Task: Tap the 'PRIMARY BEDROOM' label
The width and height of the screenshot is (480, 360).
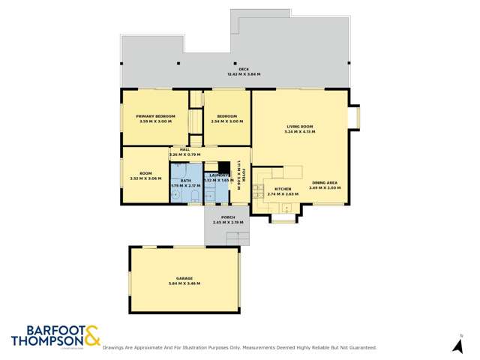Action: click(x=155, y=116)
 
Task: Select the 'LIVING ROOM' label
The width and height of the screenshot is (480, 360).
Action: click(x=299, y=127)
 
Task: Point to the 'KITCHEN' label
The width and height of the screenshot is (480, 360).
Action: click(x=282, y=189)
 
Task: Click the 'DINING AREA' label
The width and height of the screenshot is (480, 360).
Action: click(x=324, y=183)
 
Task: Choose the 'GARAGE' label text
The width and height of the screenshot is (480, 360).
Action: click(x=184, y=278)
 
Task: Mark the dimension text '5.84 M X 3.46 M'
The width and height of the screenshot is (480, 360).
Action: click(x=184, y=283)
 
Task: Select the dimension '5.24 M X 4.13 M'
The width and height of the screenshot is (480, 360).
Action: click(x=299, y=132)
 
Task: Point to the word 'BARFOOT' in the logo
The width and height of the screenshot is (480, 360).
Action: click(x=46, y=329)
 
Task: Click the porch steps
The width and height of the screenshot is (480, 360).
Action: click(x=237, y=238)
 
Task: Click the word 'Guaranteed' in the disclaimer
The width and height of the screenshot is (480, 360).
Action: click(x=359, y=348)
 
